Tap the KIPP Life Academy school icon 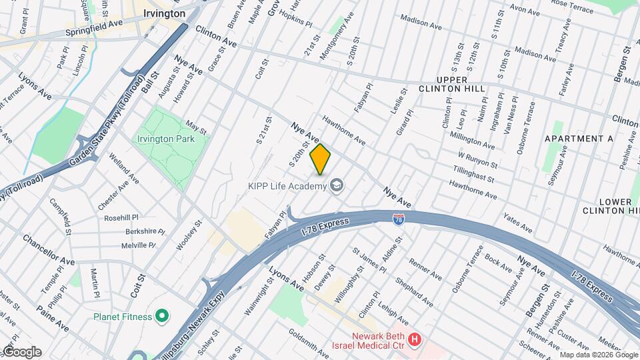pos(337,185)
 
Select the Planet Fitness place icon pos(161,315)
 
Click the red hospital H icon pos(415,341)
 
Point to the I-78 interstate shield pos(397,219)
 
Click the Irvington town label pos(164,13)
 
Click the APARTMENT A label pos(579,139)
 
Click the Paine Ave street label pos(53,318)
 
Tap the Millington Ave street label pos(471,141)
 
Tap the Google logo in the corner pos(21,352)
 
